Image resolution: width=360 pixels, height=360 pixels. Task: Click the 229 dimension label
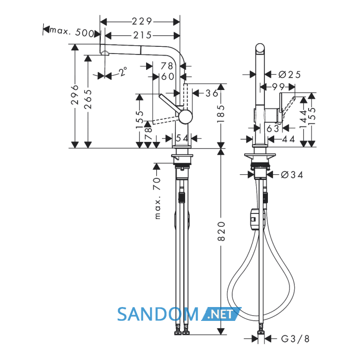(142, 22)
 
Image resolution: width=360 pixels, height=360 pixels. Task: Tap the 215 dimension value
(142, 35)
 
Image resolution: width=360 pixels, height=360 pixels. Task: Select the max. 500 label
(71, 32)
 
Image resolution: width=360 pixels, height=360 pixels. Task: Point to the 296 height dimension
(75, 95)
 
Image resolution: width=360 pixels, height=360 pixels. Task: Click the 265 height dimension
(88, 99)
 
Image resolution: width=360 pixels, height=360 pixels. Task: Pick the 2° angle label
(123, 71)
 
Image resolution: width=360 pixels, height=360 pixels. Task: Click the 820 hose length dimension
(221, 231)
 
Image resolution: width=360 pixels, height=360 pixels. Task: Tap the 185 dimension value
(221, 114)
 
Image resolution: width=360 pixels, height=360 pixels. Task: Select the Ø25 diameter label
(290, 75)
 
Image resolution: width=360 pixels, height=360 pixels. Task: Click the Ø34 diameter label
(292, 175)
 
